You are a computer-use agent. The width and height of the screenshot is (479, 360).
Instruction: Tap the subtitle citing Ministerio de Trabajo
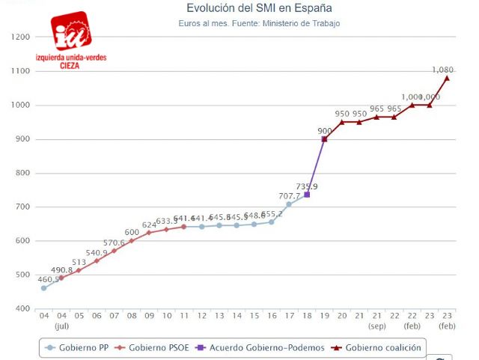[x=259, y=24]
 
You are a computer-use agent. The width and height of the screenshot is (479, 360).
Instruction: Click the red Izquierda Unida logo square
[x=73, y=31]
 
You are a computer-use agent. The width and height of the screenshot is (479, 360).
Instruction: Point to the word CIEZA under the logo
[x=72, y=65]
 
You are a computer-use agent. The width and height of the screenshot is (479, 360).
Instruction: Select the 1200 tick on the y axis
[x=21, y=37]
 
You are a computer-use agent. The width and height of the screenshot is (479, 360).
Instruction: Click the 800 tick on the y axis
[x=22, y=173]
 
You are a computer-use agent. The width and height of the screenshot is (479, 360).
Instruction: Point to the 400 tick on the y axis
[x=22, y=309]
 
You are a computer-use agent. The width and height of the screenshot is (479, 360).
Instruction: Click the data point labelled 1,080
[x=447, y=78]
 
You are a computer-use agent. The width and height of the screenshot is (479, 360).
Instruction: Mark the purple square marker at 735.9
[x=307, y=195]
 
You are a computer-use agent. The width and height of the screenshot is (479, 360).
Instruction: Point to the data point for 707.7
[x=289, y=204]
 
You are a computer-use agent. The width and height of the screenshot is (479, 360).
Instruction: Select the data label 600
[x=131, y=232]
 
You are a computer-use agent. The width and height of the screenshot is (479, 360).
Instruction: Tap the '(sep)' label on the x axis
[x=376, y=327]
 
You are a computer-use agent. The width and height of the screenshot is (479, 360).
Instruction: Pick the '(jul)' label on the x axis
[x=61, y=327]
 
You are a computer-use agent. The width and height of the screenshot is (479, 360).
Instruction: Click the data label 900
[x=324, y=130]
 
